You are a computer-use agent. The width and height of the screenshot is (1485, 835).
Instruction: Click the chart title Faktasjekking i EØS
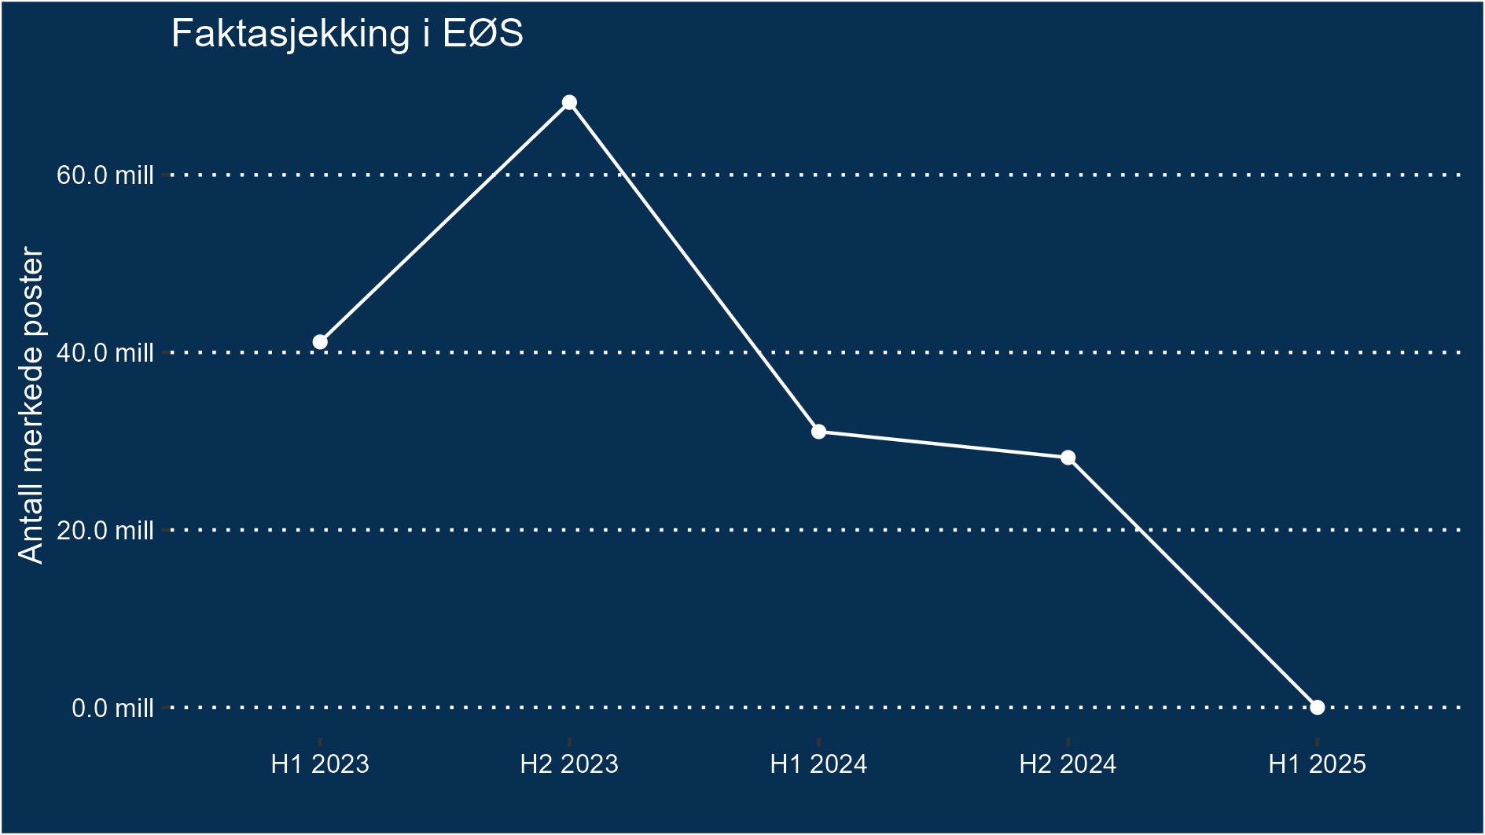tap(347, 35)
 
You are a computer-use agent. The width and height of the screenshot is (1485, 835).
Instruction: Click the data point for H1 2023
tap(320, 342)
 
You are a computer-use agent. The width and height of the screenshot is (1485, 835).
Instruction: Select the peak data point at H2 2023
tap(569, 103)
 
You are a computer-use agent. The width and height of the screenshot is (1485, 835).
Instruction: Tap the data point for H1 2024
tap(818, 432)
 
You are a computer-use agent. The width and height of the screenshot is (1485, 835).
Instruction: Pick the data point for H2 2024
tap(1068, 458)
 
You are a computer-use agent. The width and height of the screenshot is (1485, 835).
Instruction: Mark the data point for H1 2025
tap(1318, 708)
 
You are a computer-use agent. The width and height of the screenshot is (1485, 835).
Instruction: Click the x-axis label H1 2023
tap(320, 764)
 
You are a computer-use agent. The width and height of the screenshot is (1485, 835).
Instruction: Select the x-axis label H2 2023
tap(569, 764)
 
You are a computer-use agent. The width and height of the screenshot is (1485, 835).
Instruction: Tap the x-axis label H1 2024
tap(818, 764)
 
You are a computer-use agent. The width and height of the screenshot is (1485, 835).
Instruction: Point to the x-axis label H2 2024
tap(1068, 764)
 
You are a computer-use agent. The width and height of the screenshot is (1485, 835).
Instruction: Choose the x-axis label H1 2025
tap(1318, 764)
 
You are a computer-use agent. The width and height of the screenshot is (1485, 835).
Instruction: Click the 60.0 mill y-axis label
tap(105, 175)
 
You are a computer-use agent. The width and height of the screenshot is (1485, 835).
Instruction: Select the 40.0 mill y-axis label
tap(105, 352)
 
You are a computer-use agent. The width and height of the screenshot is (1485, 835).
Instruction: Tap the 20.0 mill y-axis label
tap(105, 531)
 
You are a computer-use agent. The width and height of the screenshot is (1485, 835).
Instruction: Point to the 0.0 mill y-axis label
tap(112, 708)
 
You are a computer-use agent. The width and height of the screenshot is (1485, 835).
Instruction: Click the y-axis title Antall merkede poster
tap(31, 405)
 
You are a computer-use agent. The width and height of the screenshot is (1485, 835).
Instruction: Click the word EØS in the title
tap(483, 35)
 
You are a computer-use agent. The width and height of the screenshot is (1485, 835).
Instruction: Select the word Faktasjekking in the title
tap(290, 35)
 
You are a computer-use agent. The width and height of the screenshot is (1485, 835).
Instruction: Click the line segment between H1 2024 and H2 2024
tap(943, 445)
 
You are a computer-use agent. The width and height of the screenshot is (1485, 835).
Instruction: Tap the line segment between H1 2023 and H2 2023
tap(444, 223)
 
